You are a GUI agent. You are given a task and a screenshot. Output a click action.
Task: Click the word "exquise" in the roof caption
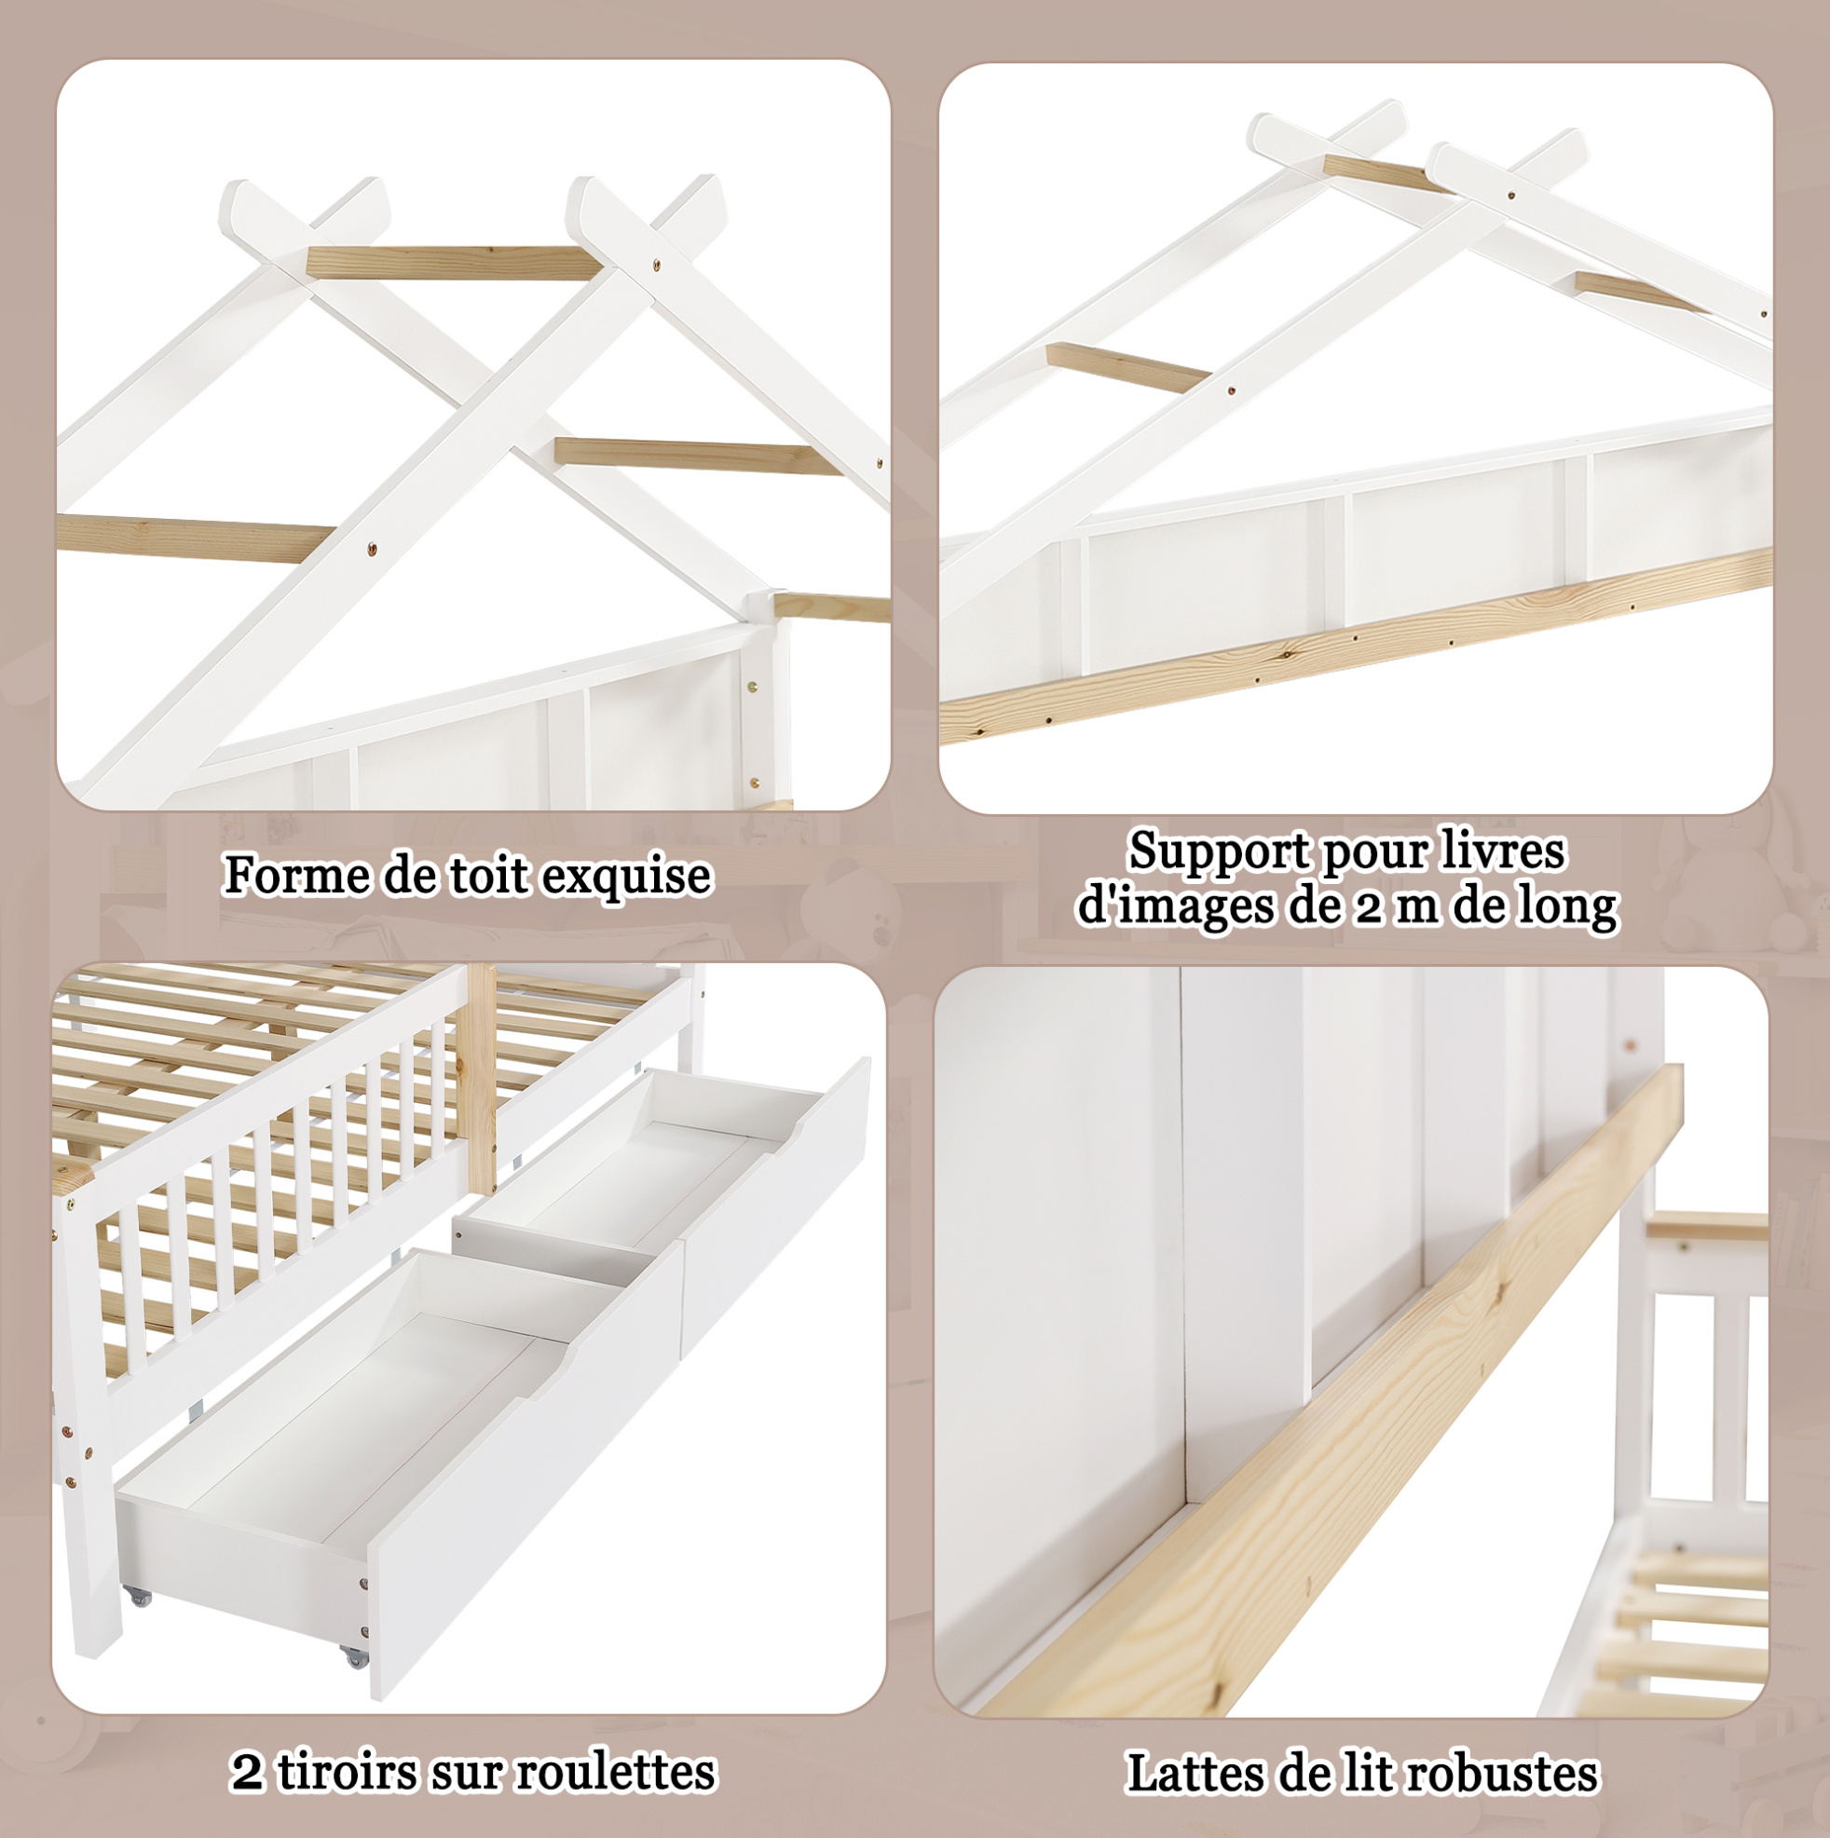tap(626, 877)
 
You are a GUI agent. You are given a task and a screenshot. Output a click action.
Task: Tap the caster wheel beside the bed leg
tap(139, 1597)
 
